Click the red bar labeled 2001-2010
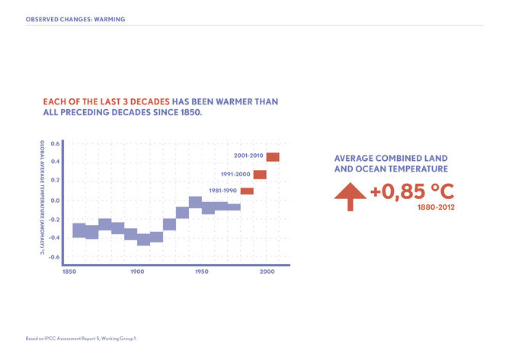[272, 157]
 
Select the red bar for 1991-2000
[260, 175]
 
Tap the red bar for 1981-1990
[247, 191]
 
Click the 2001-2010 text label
[248, 156]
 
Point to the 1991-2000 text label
[235, 175]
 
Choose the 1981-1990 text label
[223, 191]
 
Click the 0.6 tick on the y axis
[55, 143]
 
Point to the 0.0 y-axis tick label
[55, 201]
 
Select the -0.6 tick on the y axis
[54, 257]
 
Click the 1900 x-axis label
[137, 272]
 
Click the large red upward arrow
[351, 197]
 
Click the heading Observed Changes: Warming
[75, 18]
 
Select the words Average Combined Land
[390, 158]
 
